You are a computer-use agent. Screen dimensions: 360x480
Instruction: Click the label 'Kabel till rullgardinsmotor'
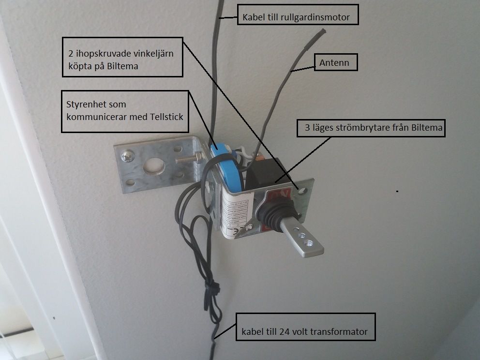tap(297, 18)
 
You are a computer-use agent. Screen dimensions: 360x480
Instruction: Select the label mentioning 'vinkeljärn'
tap(122, 57)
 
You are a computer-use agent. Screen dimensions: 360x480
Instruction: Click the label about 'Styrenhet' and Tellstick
tap(125, 111)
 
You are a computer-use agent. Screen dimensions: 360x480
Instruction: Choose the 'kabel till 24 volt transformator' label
tap(305, 332)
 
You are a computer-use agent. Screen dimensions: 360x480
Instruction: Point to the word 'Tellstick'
tap(161, 117)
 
